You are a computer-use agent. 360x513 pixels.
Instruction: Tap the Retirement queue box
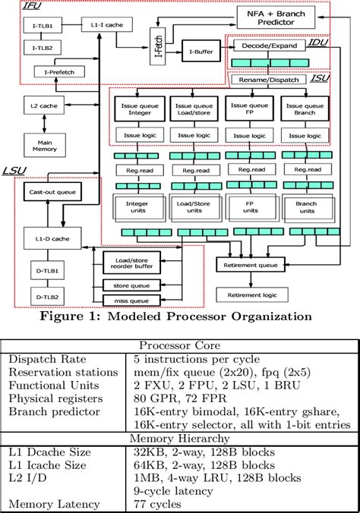tap(250, 265)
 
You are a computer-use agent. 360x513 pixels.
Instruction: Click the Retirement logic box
tap(250, 294)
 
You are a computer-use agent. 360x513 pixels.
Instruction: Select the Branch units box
tap(306, 207)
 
